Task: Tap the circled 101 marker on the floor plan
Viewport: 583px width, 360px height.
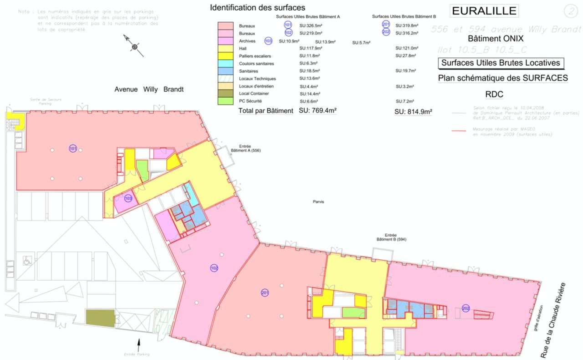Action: click(x=73, y=149)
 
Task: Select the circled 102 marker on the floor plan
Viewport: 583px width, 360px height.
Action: click(x=214, y=268)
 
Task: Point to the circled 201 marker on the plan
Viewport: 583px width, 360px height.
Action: click(x=265, y=293)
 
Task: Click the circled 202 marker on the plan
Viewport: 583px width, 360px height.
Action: click(x=465, y=308)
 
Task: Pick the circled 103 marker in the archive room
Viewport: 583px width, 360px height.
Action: click(x=128, y=198)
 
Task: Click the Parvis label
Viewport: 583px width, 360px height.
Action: click(x=318, y=202)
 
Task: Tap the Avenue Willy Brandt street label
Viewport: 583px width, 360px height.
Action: click(x=149, y=89)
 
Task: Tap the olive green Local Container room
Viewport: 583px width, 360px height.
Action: click(x=100, y=317)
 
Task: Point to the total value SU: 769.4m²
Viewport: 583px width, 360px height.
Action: click(x=317, y=110)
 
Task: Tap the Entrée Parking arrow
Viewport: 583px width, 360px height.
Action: click(x=139, y=343)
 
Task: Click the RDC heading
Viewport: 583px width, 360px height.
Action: click(x=494, y=94)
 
